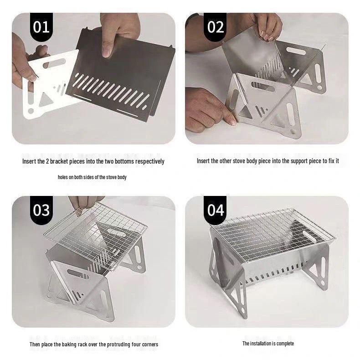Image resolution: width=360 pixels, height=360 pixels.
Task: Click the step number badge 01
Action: pyautogui.click(x=41, y=27)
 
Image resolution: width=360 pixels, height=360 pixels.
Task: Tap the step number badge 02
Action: pyautogui.click(x=216, y=27)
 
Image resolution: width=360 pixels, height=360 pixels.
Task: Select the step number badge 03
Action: pyautogui.click(x=41, y=210)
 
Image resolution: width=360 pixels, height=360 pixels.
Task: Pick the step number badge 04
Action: pyautogui.click(x=216, y=210)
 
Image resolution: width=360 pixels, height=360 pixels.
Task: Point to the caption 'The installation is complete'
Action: pyautogui.click(x=268, y=343)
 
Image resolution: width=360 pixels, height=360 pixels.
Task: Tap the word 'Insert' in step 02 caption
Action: pyautogui.click(x=203, y=161)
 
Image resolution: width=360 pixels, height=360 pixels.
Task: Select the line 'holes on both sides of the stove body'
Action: pyautogui.click(x=92, y=177)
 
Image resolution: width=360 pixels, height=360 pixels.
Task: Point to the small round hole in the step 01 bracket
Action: pyautogui.click(x=31, y=111)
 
